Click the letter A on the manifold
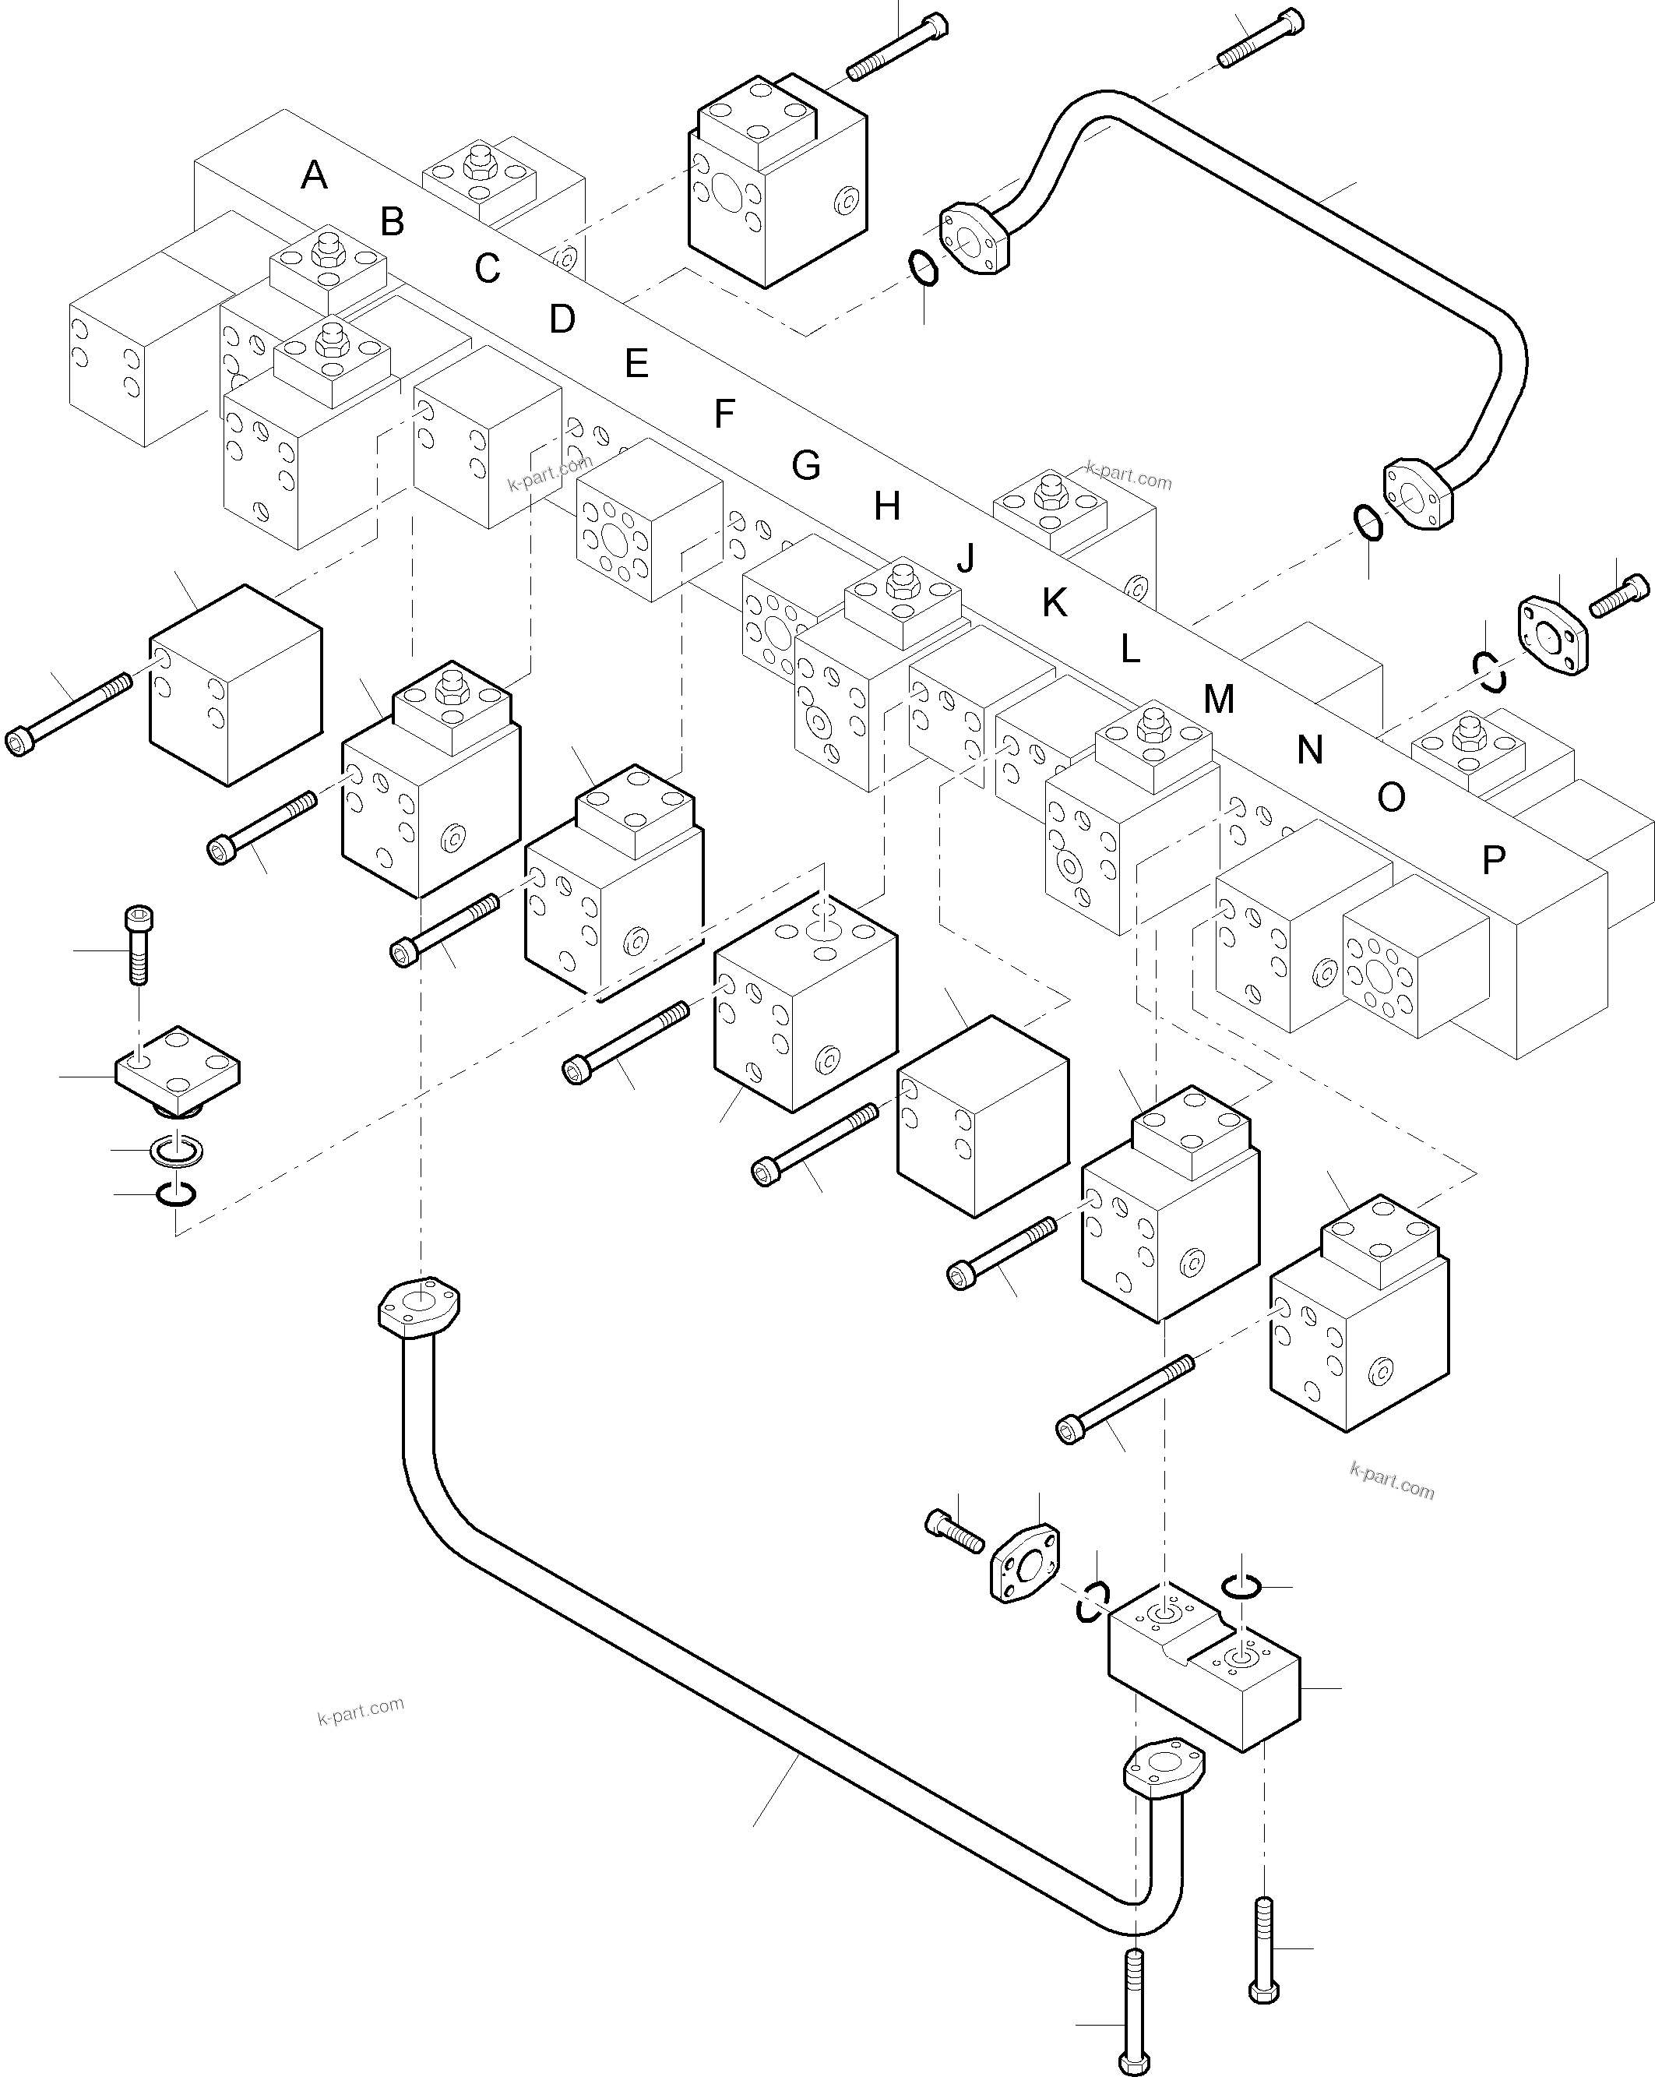coord(314,175)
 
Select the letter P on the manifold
coord(1493,859)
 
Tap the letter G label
coord(805,465)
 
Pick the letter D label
coord(562,319)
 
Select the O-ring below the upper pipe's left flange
coord(923,268)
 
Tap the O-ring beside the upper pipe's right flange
coord(1368,523)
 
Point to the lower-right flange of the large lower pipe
coord(1164,1767)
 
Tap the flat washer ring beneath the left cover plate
coord(176,1149)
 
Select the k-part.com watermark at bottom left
coord(361,1710)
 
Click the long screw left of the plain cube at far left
coord(68,714)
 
